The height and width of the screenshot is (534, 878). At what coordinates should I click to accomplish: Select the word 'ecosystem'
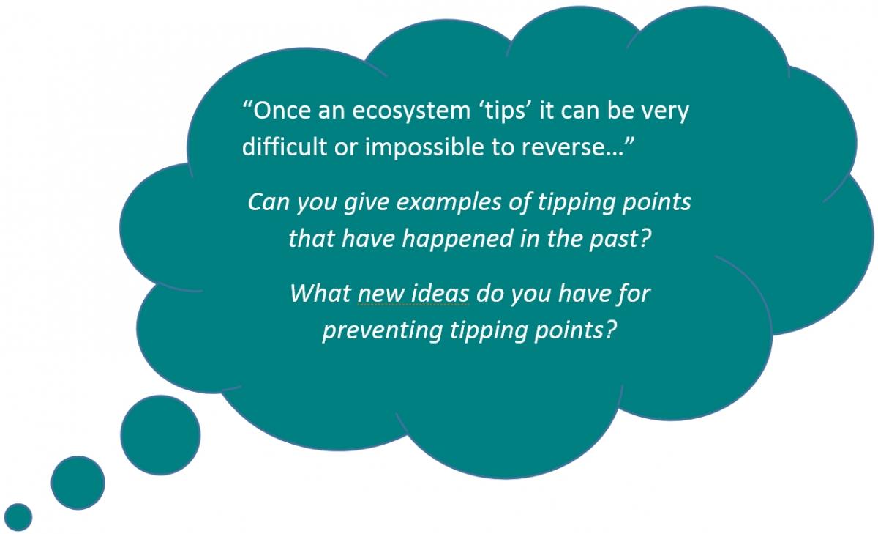tap(411, 112)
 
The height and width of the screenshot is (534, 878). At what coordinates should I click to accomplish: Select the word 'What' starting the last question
tap(320, 293)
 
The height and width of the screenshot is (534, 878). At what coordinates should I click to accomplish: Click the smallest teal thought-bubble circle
tap(18, 516)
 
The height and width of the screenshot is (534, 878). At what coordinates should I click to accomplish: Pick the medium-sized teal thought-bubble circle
tap(78, 483)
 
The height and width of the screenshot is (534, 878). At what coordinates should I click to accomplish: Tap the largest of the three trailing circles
tap(160, 435)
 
